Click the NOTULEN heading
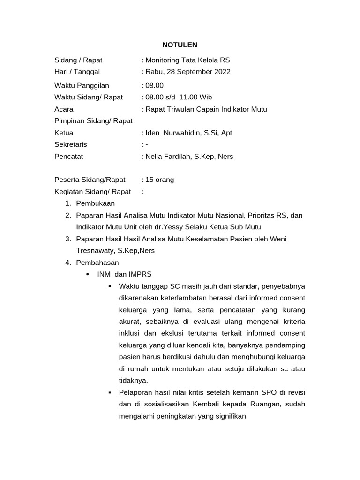point(180,45)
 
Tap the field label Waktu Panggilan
point(82,85)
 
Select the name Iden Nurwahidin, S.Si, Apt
point(188,133)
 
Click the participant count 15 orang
point(159,180)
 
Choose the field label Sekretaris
point(71,144)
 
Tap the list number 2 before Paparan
point(68,216)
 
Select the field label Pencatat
point(69,157)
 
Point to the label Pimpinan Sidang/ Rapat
point(94,121)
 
